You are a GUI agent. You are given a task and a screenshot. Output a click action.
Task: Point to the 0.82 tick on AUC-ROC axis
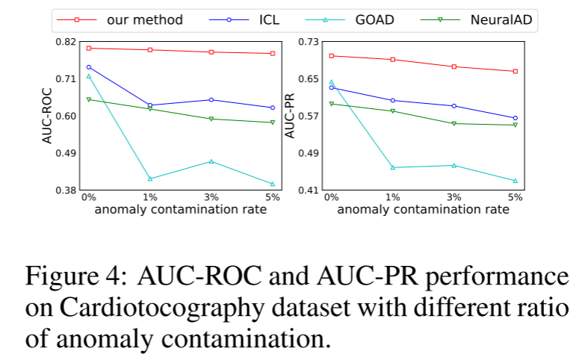(x=66, y=42)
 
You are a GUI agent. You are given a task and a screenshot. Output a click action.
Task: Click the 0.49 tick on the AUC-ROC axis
(x=66, y=153)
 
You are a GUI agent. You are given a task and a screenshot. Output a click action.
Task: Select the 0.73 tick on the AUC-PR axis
(x=308, y=42)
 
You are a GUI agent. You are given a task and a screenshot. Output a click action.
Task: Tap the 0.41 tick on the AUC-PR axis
(x=308, y=190)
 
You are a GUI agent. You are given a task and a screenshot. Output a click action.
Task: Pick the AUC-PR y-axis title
(x=290, y=116)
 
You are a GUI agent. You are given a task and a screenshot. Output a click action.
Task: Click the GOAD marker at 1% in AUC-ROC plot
(x=150, y=179)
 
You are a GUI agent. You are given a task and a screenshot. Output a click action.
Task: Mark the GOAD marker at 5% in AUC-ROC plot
(x=273, y=184)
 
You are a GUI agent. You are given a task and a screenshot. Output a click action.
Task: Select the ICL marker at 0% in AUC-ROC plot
(x=89, y=67)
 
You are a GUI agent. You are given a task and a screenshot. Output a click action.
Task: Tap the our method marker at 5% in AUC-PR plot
(x=515, y=71)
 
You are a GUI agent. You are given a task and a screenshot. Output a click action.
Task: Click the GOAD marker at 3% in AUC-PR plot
(x=454, y=165)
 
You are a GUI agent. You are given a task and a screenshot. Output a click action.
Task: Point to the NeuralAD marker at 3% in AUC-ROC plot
(x=211, y=119)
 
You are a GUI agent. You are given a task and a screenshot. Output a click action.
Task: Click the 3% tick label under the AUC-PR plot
(x=454, y=197)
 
